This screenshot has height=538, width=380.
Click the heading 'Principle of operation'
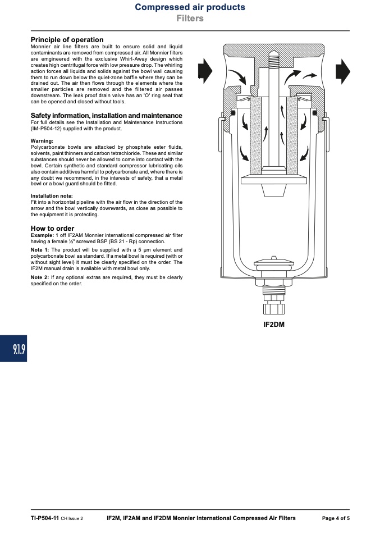[67, 40]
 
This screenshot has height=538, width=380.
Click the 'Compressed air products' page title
[190, 7]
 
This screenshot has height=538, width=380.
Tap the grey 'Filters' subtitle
[190, 18]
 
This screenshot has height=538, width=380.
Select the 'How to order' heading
[52, 229]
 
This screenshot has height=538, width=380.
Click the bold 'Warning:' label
[42, 140]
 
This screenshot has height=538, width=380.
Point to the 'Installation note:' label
[52, 196]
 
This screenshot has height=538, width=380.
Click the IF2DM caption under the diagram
[274, 325]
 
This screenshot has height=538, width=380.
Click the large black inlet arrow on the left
[205, 71]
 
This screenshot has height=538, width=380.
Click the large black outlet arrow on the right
[342, 72]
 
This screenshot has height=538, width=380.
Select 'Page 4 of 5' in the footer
[336, 518]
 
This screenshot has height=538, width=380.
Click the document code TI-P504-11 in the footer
[45, 518]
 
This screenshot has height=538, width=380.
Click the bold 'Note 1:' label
[40, 250]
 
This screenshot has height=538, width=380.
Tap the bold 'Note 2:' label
[40, 277]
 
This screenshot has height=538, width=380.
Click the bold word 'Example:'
[42, 235]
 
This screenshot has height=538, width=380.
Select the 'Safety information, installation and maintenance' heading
[106, 116]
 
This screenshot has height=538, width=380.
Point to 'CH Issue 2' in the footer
[72, 519]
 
